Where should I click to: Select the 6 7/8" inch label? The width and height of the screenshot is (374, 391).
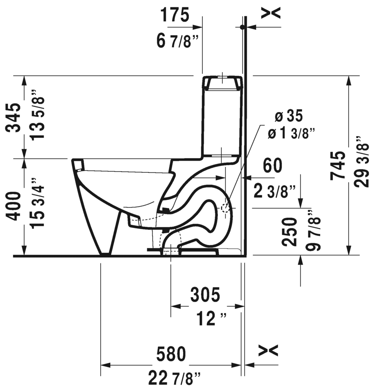pyautogui.click(x=174, y=41)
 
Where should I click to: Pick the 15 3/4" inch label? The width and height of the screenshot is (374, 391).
pyautogui.click(x=38, y=203)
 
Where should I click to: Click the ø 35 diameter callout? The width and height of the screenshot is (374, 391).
pyautogui.click(x=289, y=116)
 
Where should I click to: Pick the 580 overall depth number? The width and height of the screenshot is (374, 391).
pyautogui.click(x=171, y=354)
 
